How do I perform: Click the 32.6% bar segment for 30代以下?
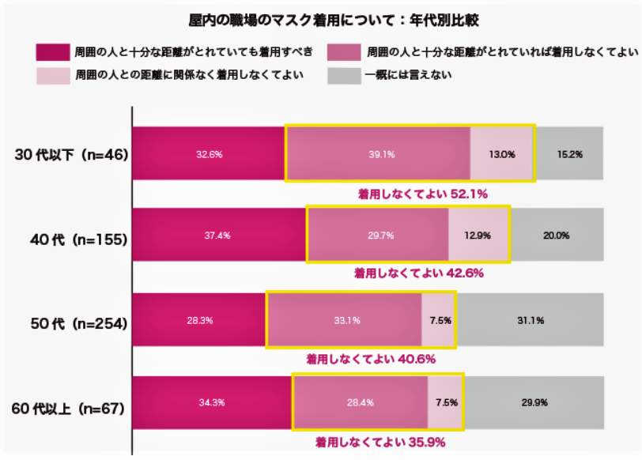[209, 154]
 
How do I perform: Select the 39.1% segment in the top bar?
[377, 154]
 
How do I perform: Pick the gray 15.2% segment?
[569, 154]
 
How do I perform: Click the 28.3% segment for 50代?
[198, 320]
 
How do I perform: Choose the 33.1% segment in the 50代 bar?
[344, 320]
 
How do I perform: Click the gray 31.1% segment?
[530, 320]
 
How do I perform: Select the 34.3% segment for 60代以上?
[212, 402]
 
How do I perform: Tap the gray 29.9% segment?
[534, 402]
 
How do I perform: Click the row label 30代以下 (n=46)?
[72, 154]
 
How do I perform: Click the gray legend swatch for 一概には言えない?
[344, 77]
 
